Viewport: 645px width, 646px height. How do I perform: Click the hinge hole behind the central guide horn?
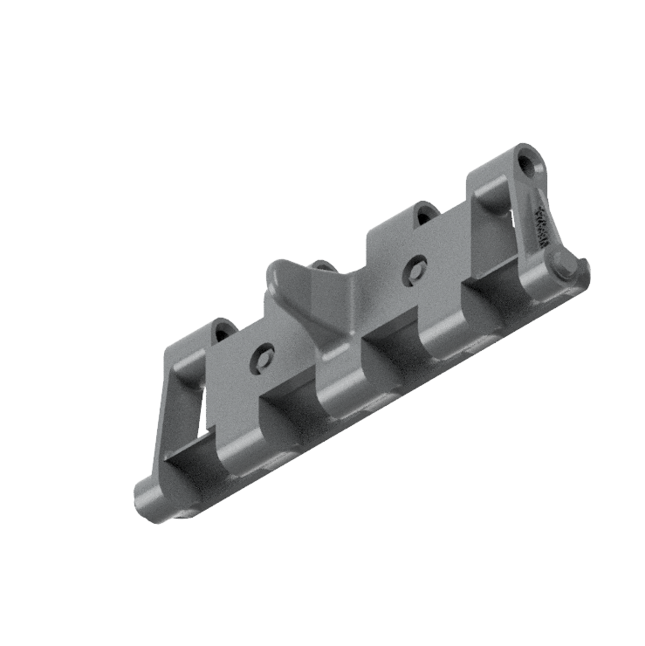[324, 266]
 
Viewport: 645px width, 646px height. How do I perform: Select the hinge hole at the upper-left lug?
[223, 331]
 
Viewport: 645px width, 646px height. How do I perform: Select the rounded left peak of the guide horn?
[278, 269]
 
